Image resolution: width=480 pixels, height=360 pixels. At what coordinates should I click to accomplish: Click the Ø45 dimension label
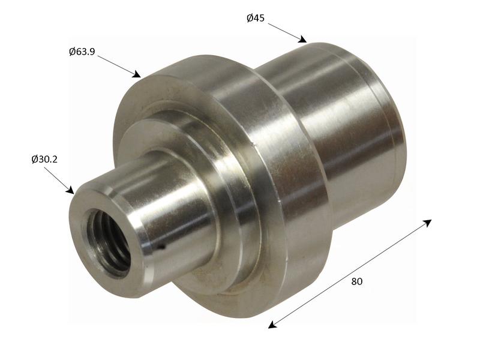point(256,19)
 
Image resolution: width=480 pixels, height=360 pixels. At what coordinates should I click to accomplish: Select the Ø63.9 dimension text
point(82,52)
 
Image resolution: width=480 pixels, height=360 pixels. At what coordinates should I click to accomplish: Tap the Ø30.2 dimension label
point(44,159)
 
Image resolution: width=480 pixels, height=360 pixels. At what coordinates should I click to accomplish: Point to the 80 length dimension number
point(356,281)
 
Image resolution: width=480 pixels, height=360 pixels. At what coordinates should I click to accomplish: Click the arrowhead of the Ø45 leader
point(303,40)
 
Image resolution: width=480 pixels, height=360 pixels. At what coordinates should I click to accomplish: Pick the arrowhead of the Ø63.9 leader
point(137,74)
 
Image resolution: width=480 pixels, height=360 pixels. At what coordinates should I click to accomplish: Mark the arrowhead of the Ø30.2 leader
point(71,190)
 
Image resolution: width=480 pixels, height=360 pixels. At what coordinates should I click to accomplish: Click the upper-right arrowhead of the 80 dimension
point(428,223)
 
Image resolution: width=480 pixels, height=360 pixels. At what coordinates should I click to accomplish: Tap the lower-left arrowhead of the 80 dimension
point(272,325)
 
